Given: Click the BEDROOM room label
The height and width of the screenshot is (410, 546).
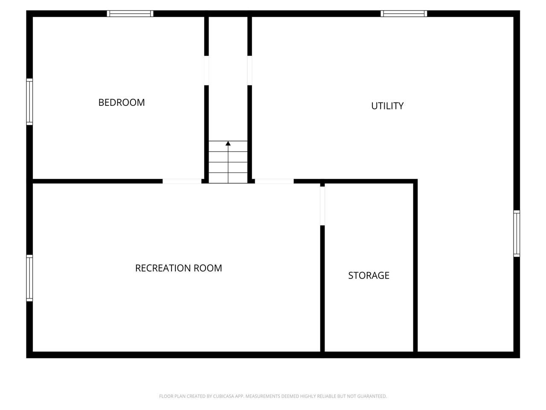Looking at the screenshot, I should click(122, 102).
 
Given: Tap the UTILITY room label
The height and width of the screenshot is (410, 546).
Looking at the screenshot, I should click(387, 106).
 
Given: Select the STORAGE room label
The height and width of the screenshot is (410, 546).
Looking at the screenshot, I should click(369, 275).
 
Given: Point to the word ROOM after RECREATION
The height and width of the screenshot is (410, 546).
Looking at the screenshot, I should click(208, 268).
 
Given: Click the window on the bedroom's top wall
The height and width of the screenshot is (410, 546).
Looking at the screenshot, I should click(130, 14).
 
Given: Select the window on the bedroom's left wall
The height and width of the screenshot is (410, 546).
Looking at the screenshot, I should click(29, 102).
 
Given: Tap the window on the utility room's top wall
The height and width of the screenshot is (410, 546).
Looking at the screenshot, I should click(404, 14).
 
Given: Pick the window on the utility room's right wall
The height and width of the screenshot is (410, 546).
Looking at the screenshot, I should click(517, 233).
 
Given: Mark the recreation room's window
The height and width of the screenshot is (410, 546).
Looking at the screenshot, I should click(29, 278).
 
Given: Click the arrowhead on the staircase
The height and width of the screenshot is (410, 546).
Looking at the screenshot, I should click(228, 144).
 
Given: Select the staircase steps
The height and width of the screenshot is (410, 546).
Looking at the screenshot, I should click(228, 162).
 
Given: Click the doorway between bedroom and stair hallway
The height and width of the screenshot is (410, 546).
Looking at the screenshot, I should click(206, 70).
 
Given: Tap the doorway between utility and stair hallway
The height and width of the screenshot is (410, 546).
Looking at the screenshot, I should click(250, 70).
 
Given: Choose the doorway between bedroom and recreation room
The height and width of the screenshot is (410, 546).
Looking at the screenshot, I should click(182, 182).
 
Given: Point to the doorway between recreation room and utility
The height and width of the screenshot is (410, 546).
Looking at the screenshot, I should click(274, 182).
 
